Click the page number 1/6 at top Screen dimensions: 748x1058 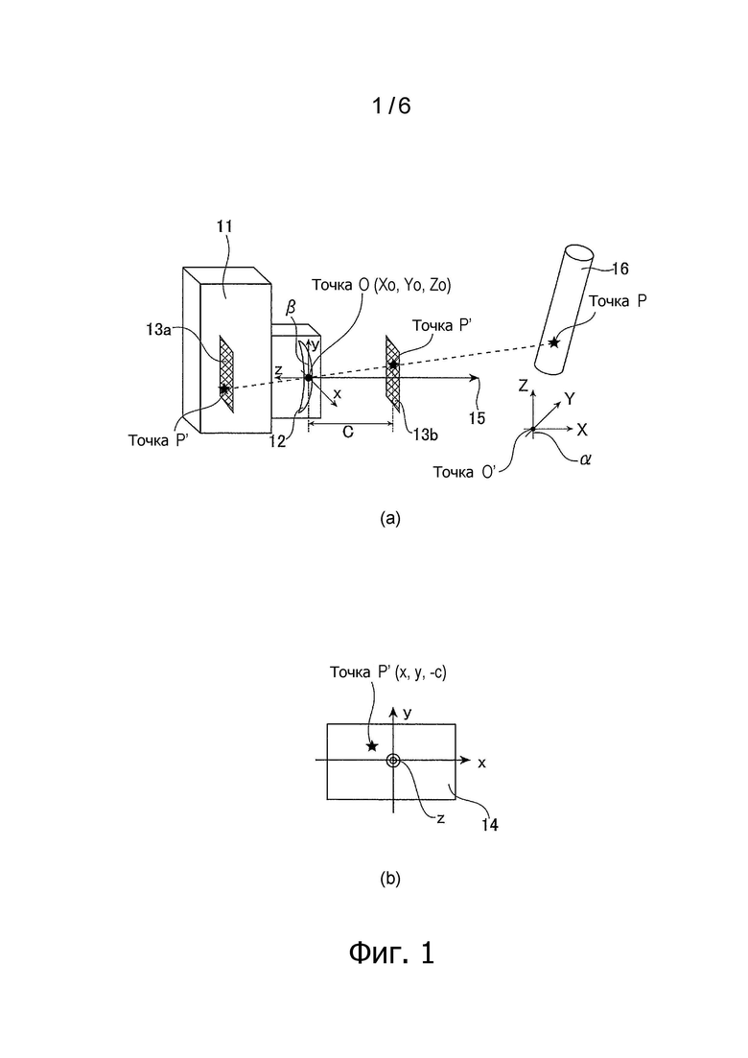(391, 106)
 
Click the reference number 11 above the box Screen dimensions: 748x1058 (224, 226)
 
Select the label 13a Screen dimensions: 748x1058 (157, 329)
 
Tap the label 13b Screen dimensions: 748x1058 (426, 435)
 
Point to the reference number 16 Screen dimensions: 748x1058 (619, 270)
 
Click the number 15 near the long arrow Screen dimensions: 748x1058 (477, 418)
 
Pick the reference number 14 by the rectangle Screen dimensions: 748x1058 (490, 824)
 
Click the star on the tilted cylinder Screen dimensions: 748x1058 (553, 342)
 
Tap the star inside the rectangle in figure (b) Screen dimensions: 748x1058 (372, 745)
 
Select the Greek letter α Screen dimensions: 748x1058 (585, 460)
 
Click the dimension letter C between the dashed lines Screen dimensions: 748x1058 (348, 432)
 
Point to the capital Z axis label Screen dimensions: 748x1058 (522, 386)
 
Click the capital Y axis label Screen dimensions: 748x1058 (570, 399)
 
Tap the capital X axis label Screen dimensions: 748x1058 (582, 429)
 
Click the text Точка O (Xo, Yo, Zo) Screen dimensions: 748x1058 (381, 286)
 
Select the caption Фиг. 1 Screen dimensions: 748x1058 (392, 952)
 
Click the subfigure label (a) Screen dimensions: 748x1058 (390, 518)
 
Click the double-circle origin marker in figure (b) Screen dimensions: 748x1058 (393, 761)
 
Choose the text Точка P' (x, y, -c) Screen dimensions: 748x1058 (387, 672)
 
